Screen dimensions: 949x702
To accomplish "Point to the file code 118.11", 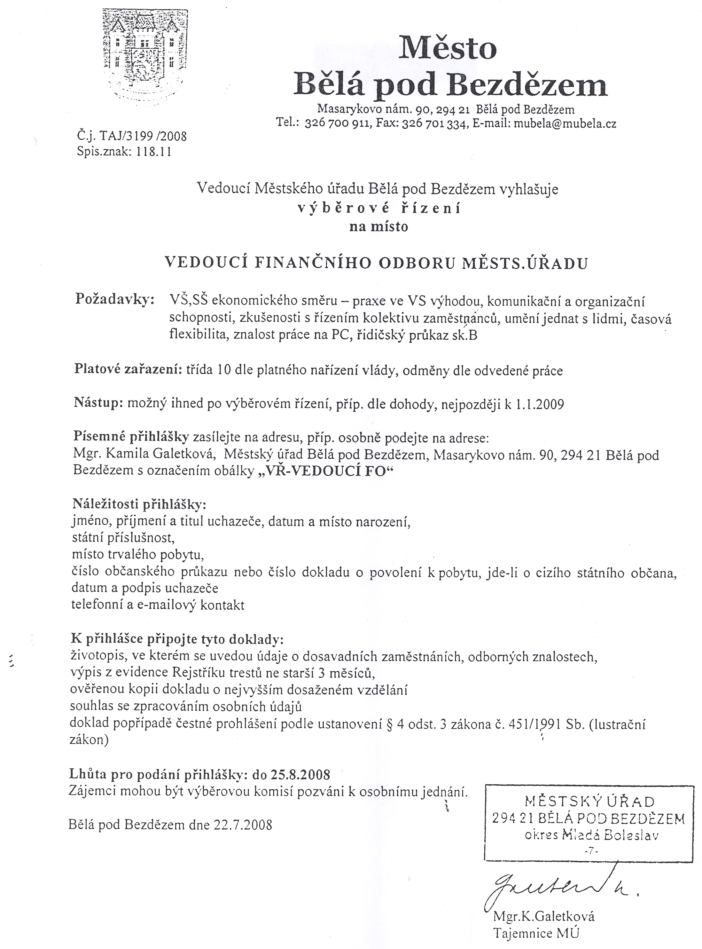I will click(153, 152).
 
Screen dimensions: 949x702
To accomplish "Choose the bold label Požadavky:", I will click(115, 299).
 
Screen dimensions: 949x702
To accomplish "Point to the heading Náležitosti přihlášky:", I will click(139, 505).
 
